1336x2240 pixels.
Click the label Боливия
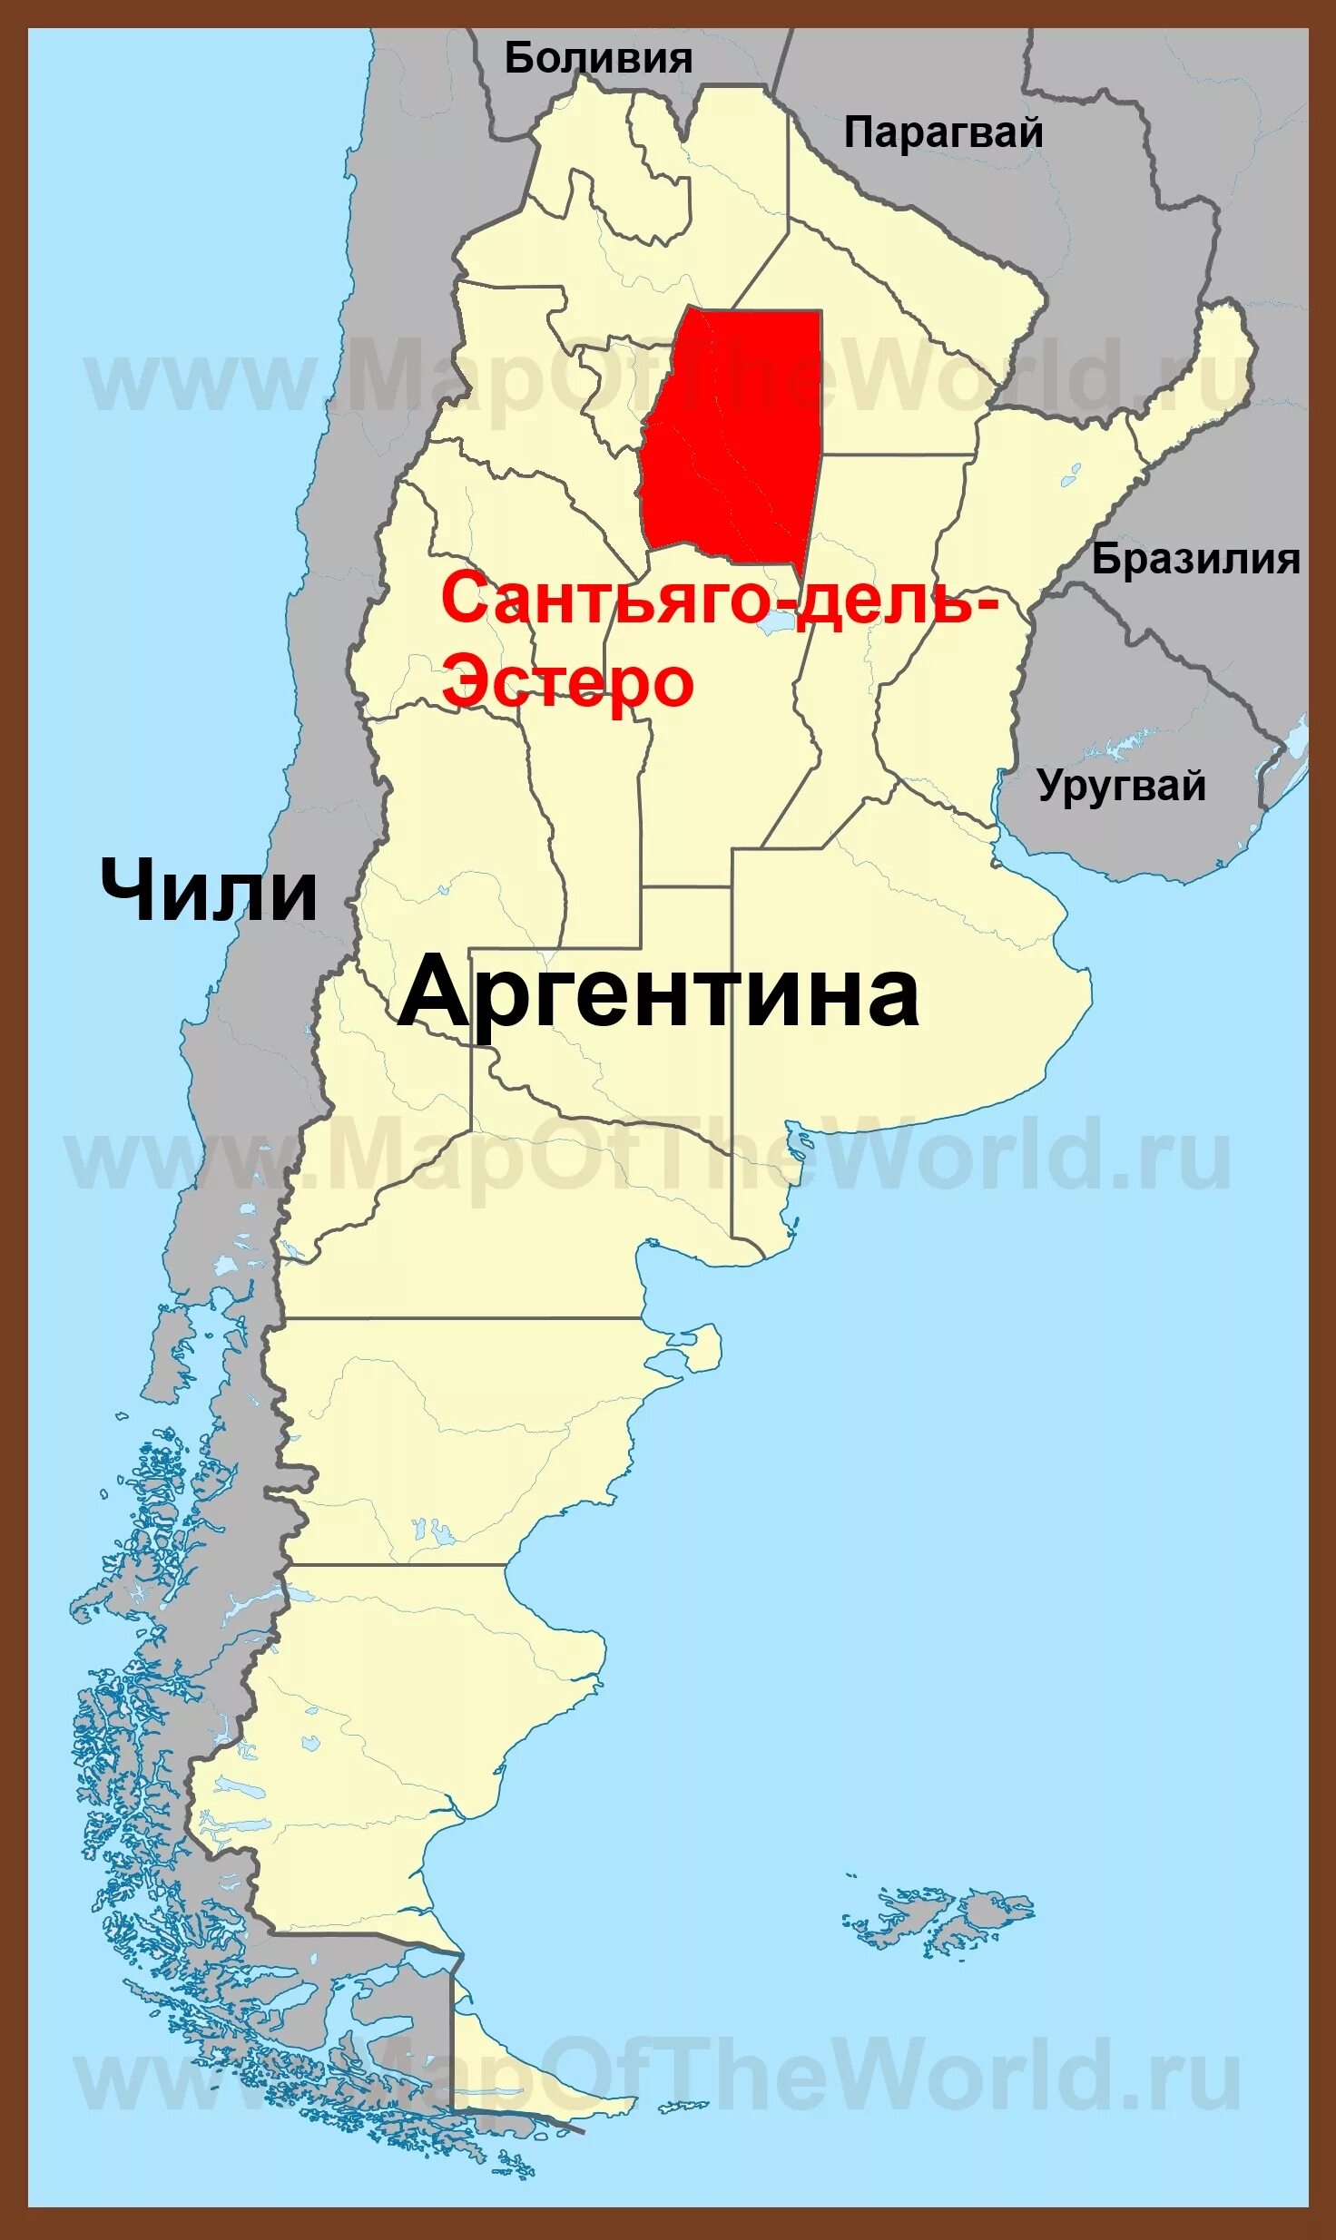tap(598, 59)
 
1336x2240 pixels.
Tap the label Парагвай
tap(943, 133)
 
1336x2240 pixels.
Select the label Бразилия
tap(1195, 559)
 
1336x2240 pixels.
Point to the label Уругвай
tap(1122, 785)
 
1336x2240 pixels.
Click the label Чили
tap(209, 891)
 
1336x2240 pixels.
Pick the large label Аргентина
tap(659, 994)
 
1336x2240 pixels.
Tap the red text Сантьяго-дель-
tap(719, 601)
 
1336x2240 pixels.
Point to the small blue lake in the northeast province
tap(1072, 474)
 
